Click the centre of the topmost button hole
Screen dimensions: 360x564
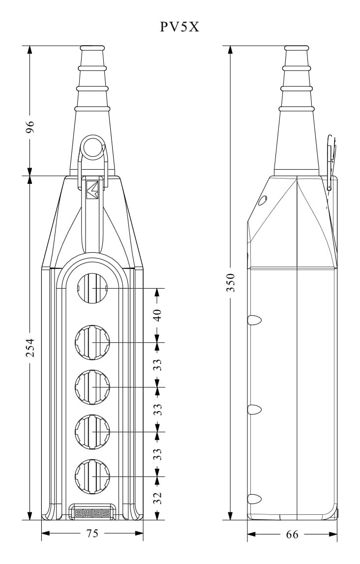click(x=93, y=289)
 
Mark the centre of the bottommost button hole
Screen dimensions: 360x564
click(x=93, y=476)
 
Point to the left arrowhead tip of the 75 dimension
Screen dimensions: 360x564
click(x=42, y=534)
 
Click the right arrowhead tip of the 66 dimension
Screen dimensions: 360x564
click(x=337, y=534)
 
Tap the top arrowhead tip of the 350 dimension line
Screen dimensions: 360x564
click(x=231, y=46)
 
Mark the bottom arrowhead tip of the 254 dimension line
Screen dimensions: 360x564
click(x=30, y=520)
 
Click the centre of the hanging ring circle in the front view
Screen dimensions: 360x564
click(x=93, y=148)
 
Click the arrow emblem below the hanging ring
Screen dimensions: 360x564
click(x=92, y=190)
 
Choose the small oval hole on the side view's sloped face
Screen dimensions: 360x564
click(x=263, y=200)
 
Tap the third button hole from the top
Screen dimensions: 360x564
click(x=93, y=386)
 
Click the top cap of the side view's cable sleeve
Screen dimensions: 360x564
click(x=297, y=48)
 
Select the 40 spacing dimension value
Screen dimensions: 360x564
click(x=157, y=315)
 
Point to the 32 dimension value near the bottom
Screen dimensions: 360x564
click(x=157, y=499)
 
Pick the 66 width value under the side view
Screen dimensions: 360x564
click(x=292, y=534)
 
